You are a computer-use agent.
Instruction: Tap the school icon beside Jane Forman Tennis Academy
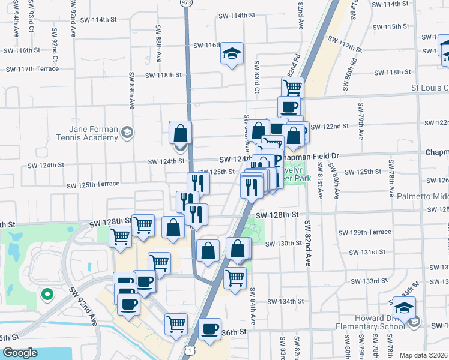tap(127, 133)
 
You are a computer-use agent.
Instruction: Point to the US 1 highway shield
tap(190, 349)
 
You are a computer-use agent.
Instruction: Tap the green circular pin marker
tap(46, 294)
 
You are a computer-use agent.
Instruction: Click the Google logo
tap(20, 353)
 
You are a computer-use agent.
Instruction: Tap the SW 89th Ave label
tap(131, 91)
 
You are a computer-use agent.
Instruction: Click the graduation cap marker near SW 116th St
tap(232, 54)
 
